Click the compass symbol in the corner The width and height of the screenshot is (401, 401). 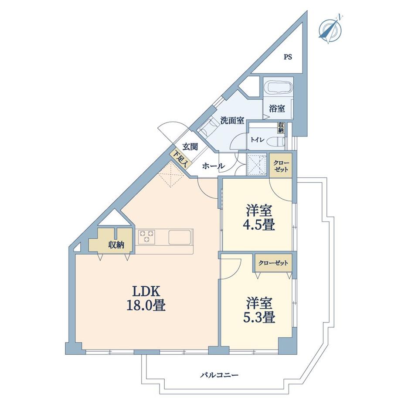pos(330,29)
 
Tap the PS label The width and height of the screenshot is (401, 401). pos(288,57)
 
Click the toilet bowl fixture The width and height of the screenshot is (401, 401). pos(275,141)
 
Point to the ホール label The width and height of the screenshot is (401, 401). pos(214,166)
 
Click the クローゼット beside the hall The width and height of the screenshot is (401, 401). pos(281,166)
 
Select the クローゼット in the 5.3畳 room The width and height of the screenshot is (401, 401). pos(273,263)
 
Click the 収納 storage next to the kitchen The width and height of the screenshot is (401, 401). pos(116,245)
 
